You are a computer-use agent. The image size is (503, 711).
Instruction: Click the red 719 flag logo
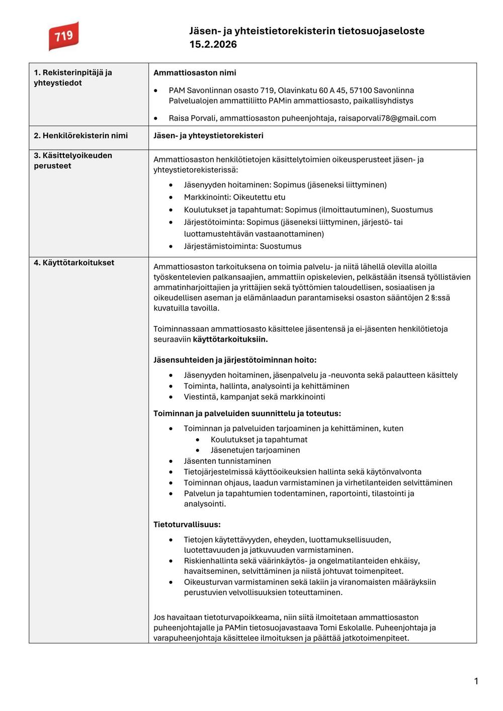(63, 36)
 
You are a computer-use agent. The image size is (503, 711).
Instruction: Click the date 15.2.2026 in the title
(213, 44)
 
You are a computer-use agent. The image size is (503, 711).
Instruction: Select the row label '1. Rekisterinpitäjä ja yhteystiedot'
(72, 77)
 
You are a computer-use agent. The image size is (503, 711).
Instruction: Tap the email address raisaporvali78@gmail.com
(387, 118)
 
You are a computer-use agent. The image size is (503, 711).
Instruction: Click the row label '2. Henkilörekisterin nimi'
(80, 136)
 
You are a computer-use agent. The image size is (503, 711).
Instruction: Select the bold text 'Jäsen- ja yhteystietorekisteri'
(208, 136)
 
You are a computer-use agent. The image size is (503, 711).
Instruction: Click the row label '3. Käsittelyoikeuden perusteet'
(72, 160)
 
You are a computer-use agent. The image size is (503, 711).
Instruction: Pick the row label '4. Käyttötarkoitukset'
(74, 262)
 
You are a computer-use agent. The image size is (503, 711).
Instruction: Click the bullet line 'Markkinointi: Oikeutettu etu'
(234, 197)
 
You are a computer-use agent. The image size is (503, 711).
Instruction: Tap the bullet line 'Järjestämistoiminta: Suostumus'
(242, 246)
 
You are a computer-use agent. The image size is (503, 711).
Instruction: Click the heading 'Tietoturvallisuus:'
(187, 525)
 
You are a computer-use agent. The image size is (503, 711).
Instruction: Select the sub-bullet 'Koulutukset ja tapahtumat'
(259, 439)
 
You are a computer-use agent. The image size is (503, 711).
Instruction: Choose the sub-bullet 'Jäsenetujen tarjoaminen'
(255, 450)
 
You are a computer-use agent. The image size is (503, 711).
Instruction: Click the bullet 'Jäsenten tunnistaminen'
(227, 461)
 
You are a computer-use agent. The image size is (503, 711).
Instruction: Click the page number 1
(476, 681)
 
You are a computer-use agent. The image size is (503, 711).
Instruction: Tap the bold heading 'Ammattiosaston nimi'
(195, 73)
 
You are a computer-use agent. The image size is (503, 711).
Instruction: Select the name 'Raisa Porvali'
(192, 118)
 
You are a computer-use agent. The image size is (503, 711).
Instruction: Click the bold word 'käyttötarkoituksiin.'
(230, 339)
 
